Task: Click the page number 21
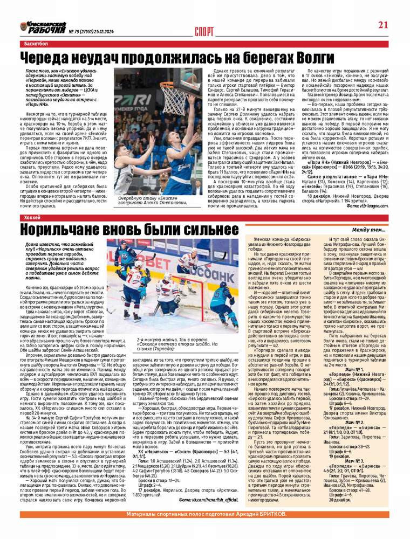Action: click(383, 24)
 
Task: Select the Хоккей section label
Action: click(32, 217)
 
